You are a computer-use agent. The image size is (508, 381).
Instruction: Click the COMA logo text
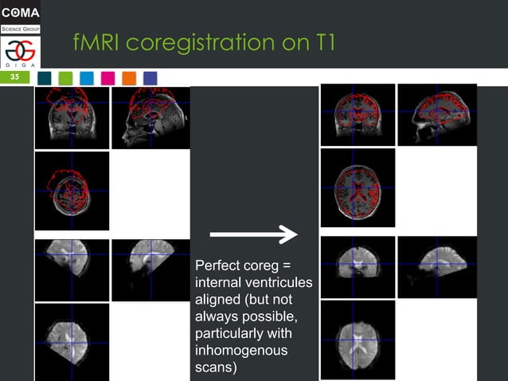click(21, 12)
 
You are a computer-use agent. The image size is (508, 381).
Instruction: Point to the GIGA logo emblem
click(20, 51)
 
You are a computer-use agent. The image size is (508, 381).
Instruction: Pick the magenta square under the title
click(107, 77)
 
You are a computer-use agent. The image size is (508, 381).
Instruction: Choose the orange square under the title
click(129, 77)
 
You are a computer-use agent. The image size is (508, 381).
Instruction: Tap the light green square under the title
click(65, 77)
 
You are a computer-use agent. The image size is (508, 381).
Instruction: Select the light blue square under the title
click(87, 77)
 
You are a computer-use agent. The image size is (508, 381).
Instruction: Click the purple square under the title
click(150, 77)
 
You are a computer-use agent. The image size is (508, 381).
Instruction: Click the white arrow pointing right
click(253, 234)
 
